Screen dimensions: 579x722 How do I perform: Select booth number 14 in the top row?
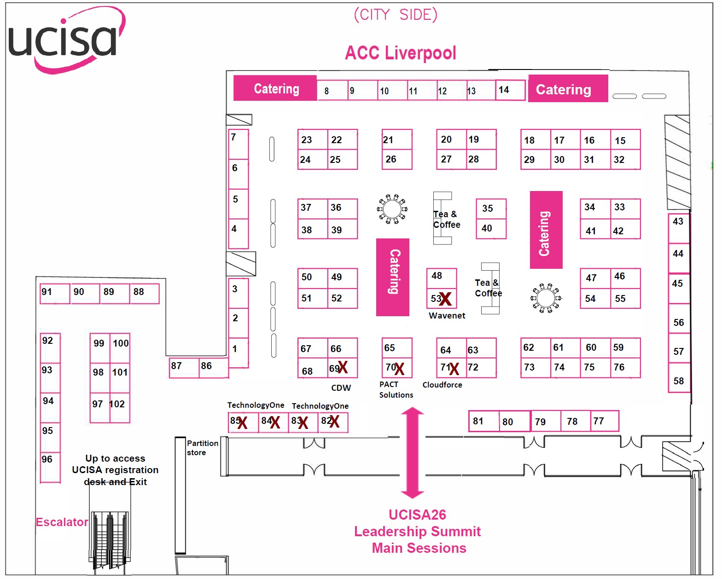[510, 90]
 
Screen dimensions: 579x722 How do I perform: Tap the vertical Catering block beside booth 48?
[393, 277]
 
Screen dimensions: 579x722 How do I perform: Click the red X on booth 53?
[445, 299]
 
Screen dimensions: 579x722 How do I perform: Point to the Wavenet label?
[447, 316]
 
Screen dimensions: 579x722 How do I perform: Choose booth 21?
[396, 139]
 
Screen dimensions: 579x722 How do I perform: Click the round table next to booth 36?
[392, 209]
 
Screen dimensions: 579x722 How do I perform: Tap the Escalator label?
[62, 522]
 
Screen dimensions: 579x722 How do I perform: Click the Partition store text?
[202, 448]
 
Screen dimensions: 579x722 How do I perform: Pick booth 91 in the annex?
[54, 293]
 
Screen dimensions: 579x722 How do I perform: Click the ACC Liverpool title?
[400, 53]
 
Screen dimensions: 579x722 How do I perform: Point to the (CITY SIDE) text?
[395, 15]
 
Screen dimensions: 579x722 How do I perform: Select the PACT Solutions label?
[396, 389]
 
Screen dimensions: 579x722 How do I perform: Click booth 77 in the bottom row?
[604, 421]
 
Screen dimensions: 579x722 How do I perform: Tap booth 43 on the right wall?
[678, 227]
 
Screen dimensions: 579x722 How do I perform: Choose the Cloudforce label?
[442, 385]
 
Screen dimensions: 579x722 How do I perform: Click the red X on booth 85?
[242, 423]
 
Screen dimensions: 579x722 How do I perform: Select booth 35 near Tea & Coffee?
[491, 209]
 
